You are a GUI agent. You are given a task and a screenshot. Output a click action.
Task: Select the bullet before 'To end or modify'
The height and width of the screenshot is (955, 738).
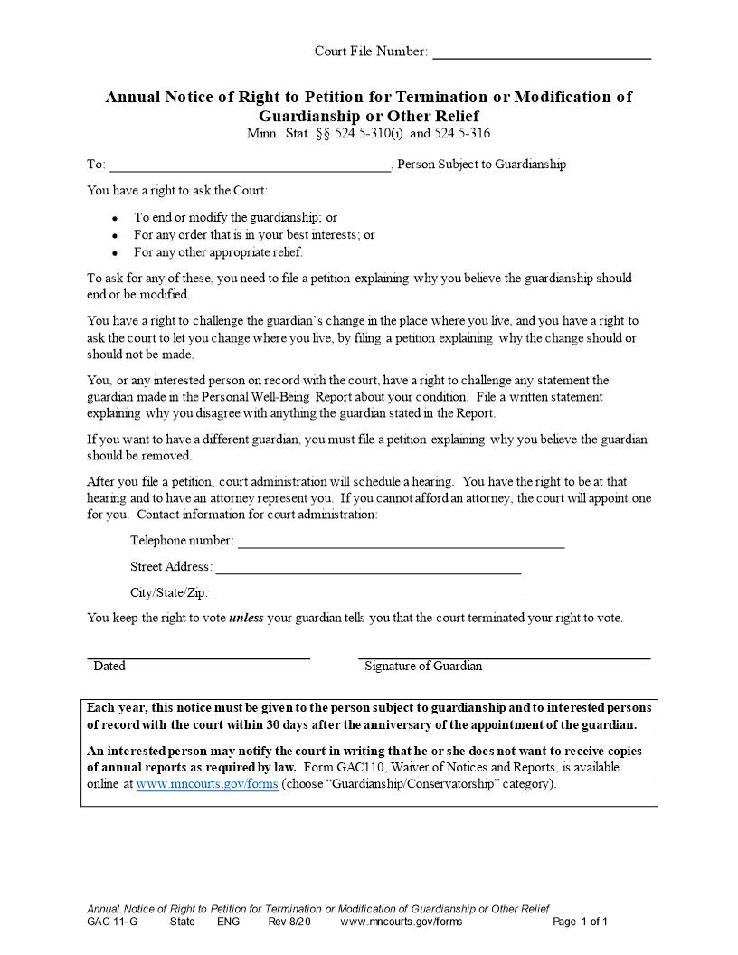(x=115, y=219)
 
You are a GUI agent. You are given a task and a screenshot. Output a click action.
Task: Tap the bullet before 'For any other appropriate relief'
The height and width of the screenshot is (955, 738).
(x=115, y=253)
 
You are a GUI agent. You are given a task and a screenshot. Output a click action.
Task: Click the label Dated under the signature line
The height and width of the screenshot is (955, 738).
(x=109, y=667)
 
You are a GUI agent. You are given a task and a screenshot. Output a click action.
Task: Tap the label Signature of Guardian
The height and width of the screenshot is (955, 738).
(x=423, y=667)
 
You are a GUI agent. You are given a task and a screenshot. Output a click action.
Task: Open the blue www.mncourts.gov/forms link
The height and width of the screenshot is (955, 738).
(x=207, y=784)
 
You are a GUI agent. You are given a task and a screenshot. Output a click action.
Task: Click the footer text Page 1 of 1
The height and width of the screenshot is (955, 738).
(x=580, y=922)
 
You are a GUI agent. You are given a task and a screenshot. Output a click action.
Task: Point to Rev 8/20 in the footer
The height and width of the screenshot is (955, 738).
(x=289, y=922)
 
